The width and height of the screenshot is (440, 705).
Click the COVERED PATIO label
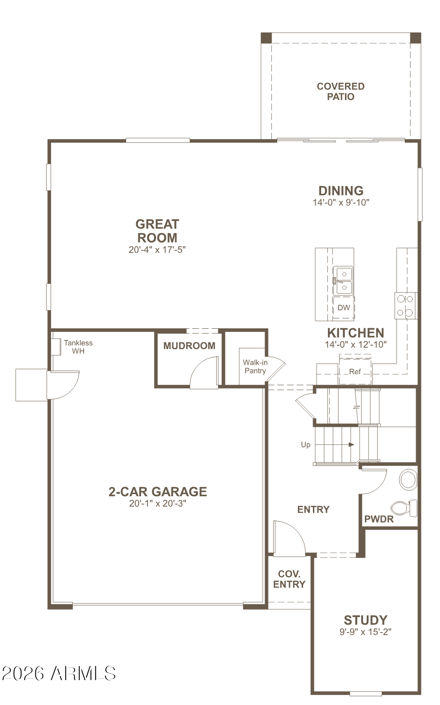click(x=340, y=91)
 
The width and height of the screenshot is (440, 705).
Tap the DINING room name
click(x=341, y=191)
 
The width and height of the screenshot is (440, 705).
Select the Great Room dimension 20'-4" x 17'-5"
click(x=157, y=249)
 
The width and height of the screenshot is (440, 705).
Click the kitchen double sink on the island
click(x=343, y=281)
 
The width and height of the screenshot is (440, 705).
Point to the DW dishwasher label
click(x=344, y=308)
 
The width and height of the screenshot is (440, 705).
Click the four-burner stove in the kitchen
click(x=405, y=306)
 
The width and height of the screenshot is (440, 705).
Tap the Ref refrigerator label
click(x=355, y=372)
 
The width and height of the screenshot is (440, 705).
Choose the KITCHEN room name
click(x=355, y=333)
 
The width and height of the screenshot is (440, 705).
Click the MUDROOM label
click(x=189, y=346)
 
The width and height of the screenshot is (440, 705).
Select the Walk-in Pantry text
click(x=255, y=366)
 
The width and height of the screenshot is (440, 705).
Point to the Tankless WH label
click(x=78, y=347)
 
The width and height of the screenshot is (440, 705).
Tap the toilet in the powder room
click(x=405, y=508)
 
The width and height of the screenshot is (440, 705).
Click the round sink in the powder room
click(x=408, y=480)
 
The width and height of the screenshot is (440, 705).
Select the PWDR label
click(x=379, y=519)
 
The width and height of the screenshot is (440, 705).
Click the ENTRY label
click(x=313, y=510)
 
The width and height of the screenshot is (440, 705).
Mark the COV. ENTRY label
click(x=289, y=579)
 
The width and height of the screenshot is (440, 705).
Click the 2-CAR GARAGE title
click(x=157, y=492)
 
